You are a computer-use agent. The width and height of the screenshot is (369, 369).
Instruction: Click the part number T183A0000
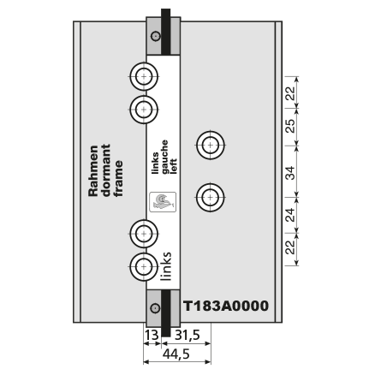(225, 306)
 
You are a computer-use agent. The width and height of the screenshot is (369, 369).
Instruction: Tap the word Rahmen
(93, 171)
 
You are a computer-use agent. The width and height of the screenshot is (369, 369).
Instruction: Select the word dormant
(106, 170)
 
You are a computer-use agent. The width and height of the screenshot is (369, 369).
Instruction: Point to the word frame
(118, 179)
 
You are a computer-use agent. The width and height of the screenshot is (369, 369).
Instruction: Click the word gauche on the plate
(164, 157)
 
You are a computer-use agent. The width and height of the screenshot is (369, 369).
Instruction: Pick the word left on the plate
(173, 166)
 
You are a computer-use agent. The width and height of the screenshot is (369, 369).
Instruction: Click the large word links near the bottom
(166, 266)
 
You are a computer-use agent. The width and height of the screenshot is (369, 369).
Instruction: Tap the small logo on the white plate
(163, 202)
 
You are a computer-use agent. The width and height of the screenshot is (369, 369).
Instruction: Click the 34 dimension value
(290, 173)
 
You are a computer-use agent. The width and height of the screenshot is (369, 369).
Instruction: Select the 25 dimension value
(290, 126)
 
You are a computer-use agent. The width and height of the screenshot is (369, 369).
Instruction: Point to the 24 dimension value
(290, 215)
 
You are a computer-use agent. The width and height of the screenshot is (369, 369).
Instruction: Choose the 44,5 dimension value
(176, 354)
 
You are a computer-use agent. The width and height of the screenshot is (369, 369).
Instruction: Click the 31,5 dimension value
(187, 335)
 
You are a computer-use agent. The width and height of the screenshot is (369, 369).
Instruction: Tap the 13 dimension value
(152, 335)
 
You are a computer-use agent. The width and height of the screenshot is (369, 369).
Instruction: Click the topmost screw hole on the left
(144, 76)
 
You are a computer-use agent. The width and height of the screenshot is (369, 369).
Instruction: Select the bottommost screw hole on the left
(144, 267)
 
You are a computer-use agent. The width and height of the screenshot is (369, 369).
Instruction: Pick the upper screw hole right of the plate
(211, 145)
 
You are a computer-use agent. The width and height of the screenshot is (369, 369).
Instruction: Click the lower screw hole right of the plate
(211, 197)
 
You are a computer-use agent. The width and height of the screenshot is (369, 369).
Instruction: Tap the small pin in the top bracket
(156, 36)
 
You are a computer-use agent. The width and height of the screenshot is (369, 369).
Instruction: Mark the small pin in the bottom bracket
(156, 308)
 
